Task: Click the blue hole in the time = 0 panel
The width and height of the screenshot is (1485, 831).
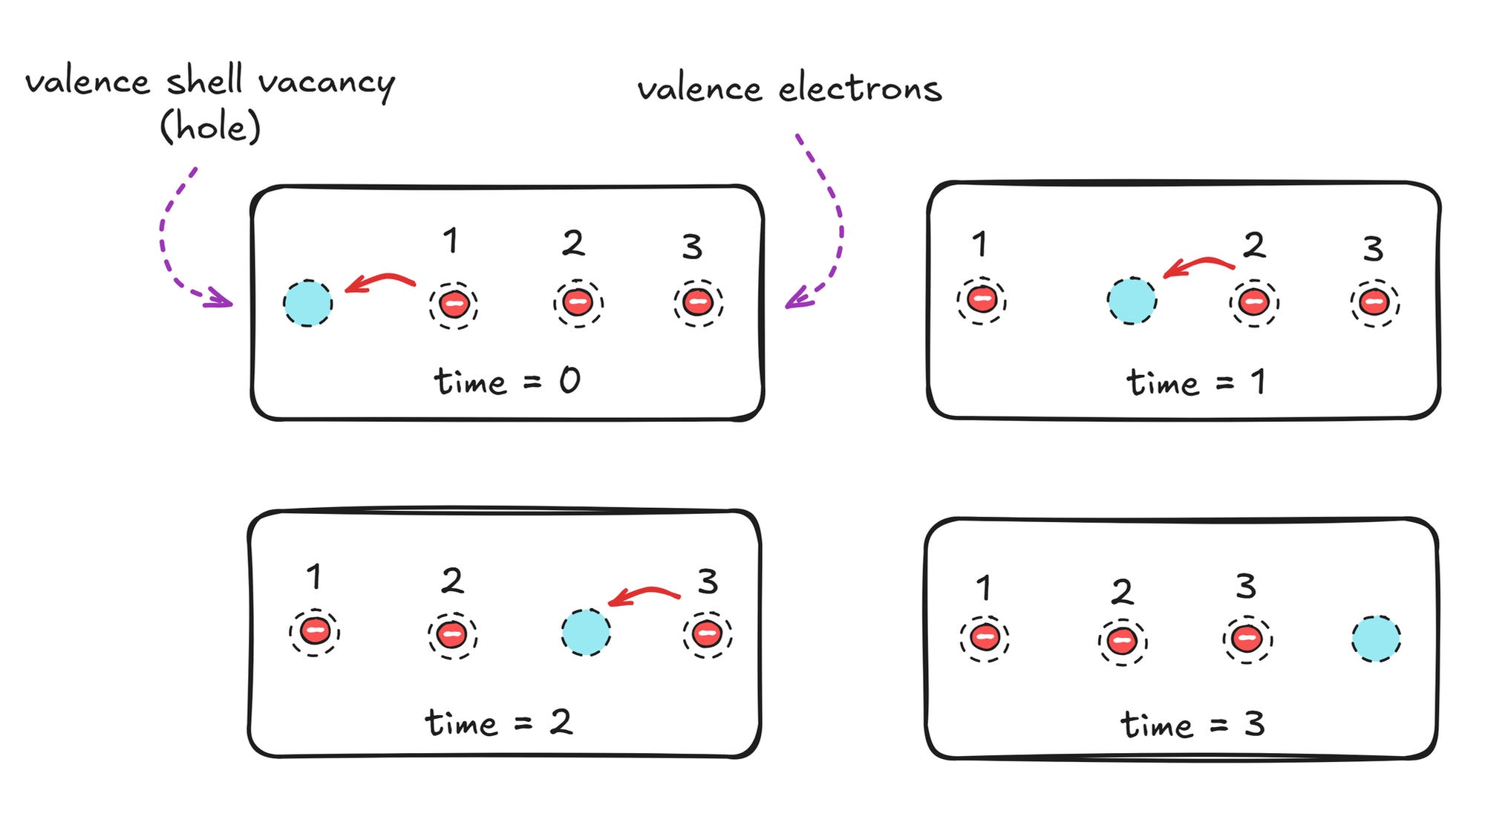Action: point(307,303)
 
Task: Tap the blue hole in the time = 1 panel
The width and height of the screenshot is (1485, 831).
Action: point(1132,301)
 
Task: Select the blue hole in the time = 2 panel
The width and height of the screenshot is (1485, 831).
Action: point(586,633)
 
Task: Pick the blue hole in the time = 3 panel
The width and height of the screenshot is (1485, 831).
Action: point(1376,638)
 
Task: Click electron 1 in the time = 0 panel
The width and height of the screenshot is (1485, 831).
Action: point(454,304)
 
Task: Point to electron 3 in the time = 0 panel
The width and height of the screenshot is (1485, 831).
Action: point(698,302)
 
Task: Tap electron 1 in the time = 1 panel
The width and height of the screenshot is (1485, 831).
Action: point(982,301)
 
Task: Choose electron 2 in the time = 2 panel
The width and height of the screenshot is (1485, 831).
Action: point(452,635)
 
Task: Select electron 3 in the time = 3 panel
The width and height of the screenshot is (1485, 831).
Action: point(1247,639)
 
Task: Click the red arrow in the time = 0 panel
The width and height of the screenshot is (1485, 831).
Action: point(380,281)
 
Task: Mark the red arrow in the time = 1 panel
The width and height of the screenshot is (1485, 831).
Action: point(1198,264)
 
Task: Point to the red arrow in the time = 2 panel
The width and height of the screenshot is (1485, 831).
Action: point(644,593)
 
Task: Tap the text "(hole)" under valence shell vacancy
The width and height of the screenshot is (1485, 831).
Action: point(210,126)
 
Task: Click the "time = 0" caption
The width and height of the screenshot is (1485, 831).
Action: point(507,382)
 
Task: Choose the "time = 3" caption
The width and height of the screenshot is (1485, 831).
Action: point(1192,724)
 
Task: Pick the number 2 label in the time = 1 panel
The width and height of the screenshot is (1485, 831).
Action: point(1254,244)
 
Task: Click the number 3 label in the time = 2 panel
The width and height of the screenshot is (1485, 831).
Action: point(708,581)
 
